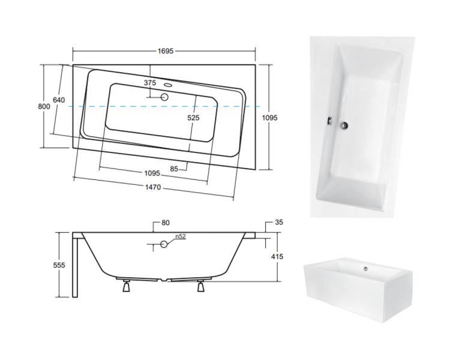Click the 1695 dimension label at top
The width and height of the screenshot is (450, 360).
pos(166,51)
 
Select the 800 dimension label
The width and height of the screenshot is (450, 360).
pos(44,107)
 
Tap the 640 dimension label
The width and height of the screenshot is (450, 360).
pos(59,100)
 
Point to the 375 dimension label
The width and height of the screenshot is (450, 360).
pos(150,83)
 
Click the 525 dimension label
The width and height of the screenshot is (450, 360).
pos(193,118)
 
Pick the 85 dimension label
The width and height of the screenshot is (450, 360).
pos(174,169)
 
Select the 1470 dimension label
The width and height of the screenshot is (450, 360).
pos(153,187)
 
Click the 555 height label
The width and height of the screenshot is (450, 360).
pos(59,265)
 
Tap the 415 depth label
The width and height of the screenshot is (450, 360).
pos(277,256)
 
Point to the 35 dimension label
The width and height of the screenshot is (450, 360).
pos(278,222)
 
